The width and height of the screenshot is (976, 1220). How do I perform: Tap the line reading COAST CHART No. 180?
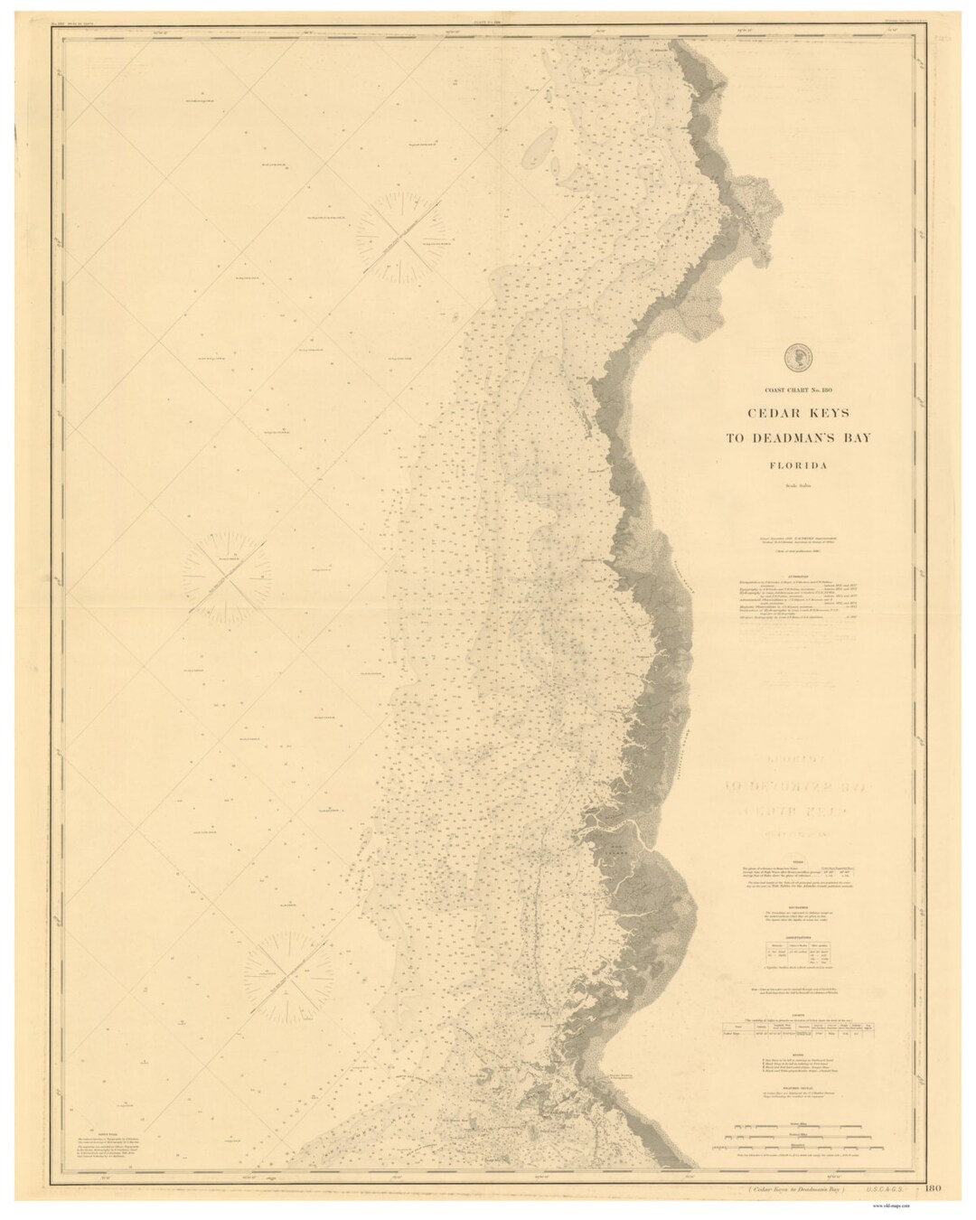pos(798,389)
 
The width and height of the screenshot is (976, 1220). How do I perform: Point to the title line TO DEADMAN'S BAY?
pos(798,439)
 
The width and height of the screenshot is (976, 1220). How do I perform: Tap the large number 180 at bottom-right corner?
pos(933,1196)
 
